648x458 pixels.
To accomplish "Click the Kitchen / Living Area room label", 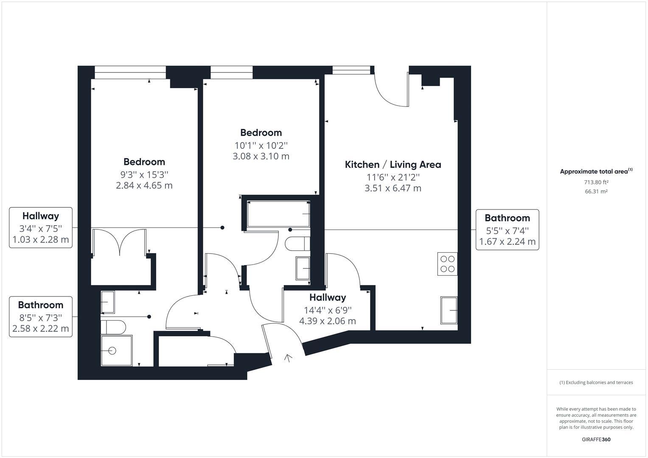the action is pyautogui.click(x=393, y=165).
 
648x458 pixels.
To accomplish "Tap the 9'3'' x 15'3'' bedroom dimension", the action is pyautogui.click(x=144, y=175).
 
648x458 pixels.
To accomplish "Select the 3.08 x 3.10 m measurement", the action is pyautogui.click(x=261, y=156).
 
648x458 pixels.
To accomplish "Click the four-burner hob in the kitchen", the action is pyautogui.click(x=447, y=264).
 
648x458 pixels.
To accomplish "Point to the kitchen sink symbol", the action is pyautogui.click(x=449, y=310).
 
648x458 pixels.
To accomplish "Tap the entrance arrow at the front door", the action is pyautogui.click(x=288, y=358).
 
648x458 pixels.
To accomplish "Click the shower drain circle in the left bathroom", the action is pyautogui.click(x=112, y=351).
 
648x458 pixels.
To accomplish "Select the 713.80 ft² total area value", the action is pyautogui.click(x=596, y=182).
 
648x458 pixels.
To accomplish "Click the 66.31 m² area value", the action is pyautogui.click(x=596, y=191).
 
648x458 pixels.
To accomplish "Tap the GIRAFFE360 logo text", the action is pyautogui.click(x=596, y=439).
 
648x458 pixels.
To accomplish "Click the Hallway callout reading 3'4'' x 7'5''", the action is pyautogui.click(x=40, y=228).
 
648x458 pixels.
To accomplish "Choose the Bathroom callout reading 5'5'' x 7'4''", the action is pyautogui.click(x=508, y=229).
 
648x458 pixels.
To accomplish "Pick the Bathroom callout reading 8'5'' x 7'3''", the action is pyautogui.click(x=40, y=317).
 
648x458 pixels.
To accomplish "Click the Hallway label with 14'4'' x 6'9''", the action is pyautogui.click(x=328, y=309).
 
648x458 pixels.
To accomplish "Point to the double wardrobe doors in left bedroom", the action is pyautogui.click(x=120, y=242).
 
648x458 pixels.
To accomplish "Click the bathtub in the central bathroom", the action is pyautogui.click(x=278, y=214).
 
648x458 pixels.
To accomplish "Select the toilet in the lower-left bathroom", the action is pyautogui.click(x=113, y=327).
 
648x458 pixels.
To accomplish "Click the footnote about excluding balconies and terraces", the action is pyautogui.click(x=596, y=383).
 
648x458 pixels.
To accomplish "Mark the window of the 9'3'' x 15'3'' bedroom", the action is pyautogui.click(x=130, y=72).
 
